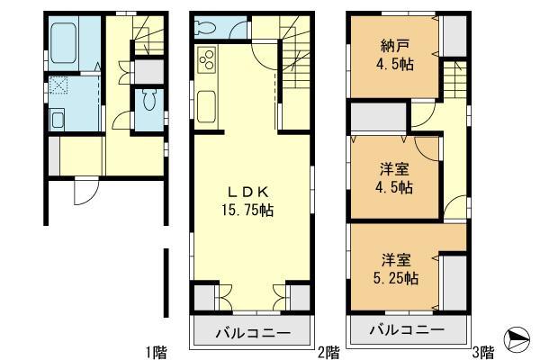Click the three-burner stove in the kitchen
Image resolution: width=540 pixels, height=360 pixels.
tap(206, 61)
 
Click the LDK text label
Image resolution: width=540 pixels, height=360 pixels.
tap(249, 192)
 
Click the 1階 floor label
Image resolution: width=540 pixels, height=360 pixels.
tap(155, 349)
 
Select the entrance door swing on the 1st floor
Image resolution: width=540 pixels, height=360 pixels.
tap(85, 190)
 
